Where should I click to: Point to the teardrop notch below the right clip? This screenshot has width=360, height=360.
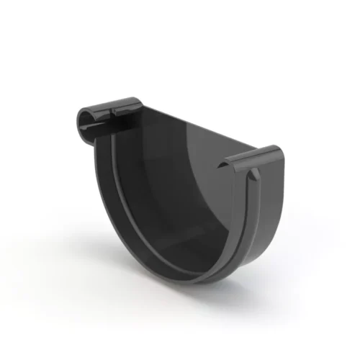coord(253,176)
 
